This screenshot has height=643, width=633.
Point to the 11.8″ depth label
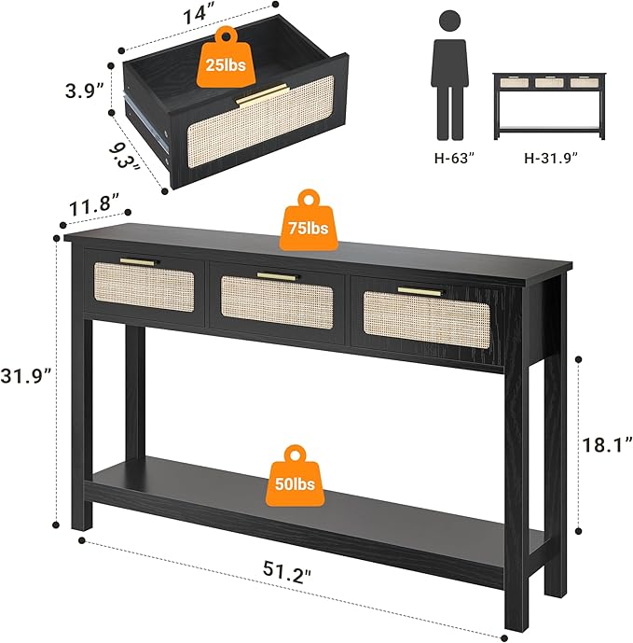click(x=91, y=204)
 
